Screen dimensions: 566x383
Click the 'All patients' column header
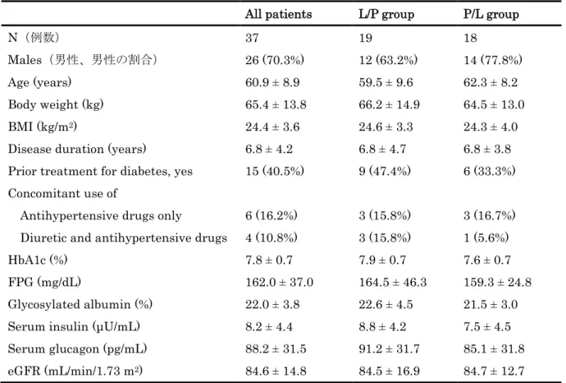(278, 14)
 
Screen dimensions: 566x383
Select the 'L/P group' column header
(386, 15)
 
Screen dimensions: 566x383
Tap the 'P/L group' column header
(491, 15)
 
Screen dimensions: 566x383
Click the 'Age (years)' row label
(39, 82)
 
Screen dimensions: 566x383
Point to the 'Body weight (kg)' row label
(56, 104)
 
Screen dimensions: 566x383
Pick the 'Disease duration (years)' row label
(77, 149)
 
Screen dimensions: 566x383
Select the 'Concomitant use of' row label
(63, 193)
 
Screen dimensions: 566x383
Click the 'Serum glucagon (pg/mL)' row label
(78, 348)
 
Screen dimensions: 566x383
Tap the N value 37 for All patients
(252, 38)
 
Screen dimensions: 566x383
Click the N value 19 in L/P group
(365, 38)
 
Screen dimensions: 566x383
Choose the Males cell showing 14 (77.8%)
(493, 60)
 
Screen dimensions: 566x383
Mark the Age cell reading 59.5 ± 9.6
(386, 82)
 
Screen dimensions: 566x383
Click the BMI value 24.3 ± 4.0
(491, 127)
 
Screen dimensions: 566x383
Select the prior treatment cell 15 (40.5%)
(275, 171)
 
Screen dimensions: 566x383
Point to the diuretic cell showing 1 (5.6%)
(486, 238)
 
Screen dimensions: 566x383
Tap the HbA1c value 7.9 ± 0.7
(382, 260)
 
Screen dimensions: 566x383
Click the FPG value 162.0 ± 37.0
(280, 282)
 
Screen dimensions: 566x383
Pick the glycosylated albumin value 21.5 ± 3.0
(491, 305)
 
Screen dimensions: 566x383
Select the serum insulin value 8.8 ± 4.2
(382, 326)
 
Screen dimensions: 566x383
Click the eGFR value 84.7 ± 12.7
(494, 371)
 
